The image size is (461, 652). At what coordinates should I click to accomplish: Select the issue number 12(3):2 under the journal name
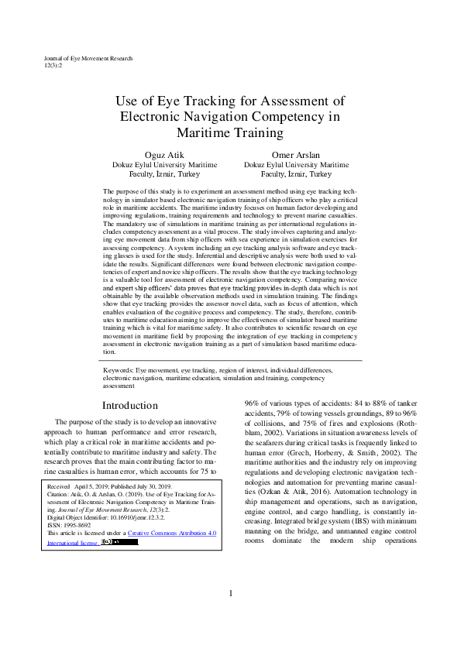pos(53,66)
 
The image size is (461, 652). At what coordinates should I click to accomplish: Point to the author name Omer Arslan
pos(296,155)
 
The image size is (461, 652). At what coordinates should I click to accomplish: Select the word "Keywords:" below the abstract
pos(119,371)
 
